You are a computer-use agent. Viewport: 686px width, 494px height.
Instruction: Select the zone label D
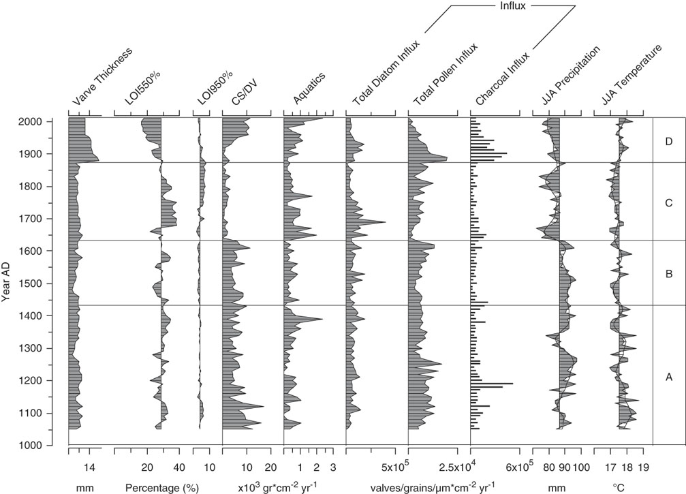pyautogui.click(x=669, y=142)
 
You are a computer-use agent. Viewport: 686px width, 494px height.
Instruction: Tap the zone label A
pyautogui.click(x=669, y=375)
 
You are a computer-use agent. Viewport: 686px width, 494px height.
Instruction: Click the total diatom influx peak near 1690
pyautogui.click(x=385, y=223)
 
